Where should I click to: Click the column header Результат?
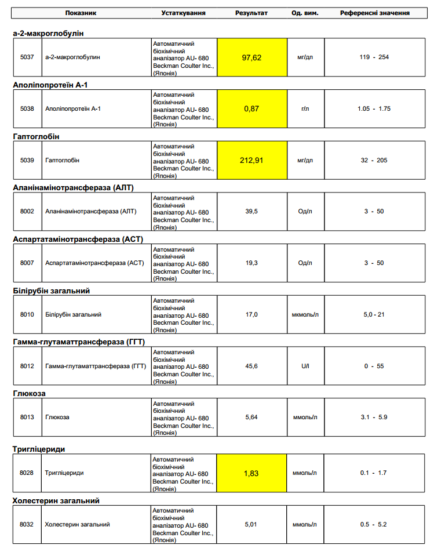tap(251, 13)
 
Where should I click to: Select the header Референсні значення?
tap(375, 13)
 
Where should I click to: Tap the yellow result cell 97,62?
tap(251, 57)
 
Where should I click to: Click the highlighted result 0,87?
tap(251, 109)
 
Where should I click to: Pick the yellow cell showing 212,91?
tap(251, 160)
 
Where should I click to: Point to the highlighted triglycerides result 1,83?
tap(251, 473)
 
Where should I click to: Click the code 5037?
tap(27, 57)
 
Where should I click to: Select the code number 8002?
tap(27, 211)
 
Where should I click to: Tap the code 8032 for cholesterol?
tap(27, 524)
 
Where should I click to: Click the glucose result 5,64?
tap(251, 417)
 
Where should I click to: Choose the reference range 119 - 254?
tap(374, 57)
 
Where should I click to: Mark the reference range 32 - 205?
tap(374, 160)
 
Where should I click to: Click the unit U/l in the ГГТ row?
tap(305, 366)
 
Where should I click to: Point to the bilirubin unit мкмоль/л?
tap(305, 314)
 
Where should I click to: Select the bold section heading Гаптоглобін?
tap(36, 136)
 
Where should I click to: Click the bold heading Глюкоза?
tap(29, 393)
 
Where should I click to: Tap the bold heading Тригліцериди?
tap(38, 449)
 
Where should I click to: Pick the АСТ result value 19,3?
tap(251, 263)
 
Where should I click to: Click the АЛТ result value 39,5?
tap(251, 211)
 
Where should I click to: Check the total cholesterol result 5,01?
tap(251, 524)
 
